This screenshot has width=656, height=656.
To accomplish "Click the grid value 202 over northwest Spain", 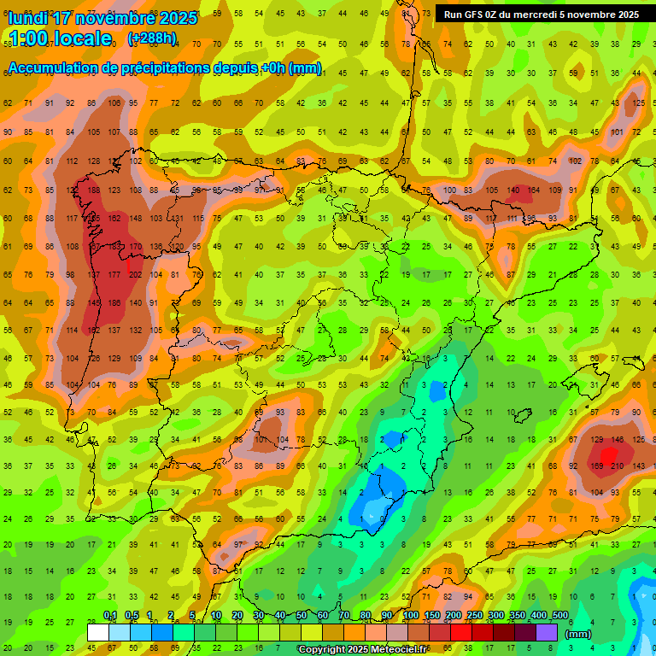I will pos(135,274).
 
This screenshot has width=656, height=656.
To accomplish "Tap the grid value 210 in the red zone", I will pos(615,466).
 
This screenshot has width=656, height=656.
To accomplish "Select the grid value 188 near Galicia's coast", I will pos(93,190).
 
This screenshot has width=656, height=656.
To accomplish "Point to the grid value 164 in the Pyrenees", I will pos(533,190).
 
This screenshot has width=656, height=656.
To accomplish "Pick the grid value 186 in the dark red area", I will pos(114,302).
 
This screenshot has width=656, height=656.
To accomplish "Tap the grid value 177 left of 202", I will pos(114,274).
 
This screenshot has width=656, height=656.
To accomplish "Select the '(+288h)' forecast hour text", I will pos(152,38).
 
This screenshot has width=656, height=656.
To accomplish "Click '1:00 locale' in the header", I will pos(61,38).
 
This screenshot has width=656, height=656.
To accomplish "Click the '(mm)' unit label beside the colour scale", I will pos(578,634).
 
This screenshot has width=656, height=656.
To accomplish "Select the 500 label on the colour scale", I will pos(559,615).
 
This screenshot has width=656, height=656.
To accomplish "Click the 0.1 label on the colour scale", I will pos(110,615).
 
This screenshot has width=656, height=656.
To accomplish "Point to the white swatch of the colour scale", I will pos(98,632).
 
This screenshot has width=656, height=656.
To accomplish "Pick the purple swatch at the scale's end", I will pos(547,632).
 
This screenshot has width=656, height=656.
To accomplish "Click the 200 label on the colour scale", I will pos(453,615).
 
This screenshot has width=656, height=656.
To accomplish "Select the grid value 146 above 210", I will pos(615,439).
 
